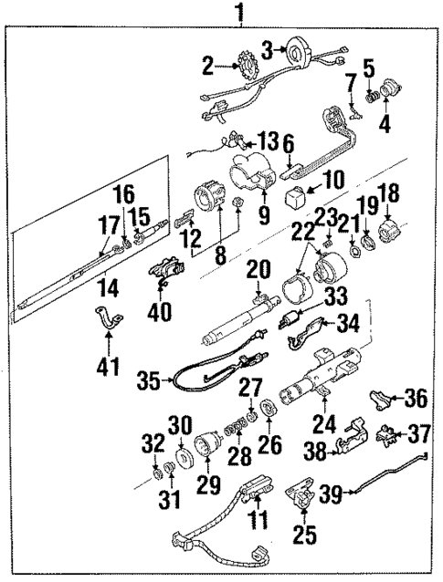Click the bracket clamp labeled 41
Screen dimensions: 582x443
108,322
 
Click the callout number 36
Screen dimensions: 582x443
416,398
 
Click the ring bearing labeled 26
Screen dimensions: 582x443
270,407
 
